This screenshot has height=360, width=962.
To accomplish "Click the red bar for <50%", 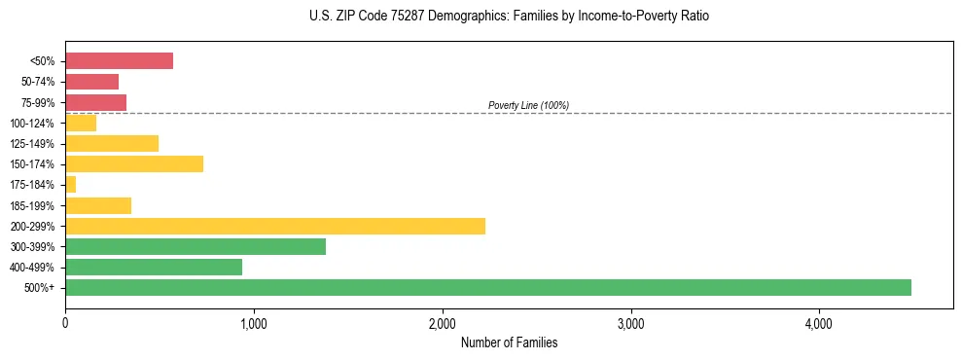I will tap(119, 61).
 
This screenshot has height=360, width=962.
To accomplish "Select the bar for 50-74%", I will tap(91, 82).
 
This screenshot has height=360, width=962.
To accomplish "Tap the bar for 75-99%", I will tap(95, 102).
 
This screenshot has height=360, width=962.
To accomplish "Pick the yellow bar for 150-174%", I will tap(134, 163).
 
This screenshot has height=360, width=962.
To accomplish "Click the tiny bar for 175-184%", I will tap(70, 184).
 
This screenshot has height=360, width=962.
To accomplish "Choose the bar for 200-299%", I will tap(275, 226).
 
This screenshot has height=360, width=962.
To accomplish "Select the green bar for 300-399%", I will tap(196, 246).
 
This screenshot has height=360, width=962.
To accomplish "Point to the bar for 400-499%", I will tap(154, 267).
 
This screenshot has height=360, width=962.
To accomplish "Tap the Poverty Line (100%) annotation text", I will tap(528, 105).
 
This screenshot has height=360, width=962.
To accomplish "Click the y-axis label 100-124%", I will tap(32, 124).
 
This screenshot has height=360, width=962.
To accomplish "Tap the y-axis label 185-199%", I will tap(32, 205).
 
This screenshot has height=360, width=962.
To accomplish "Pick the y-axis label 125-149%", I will tap(32, 144).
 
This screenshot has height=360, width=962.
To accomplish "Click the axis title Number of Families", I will tap(509, 342).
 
